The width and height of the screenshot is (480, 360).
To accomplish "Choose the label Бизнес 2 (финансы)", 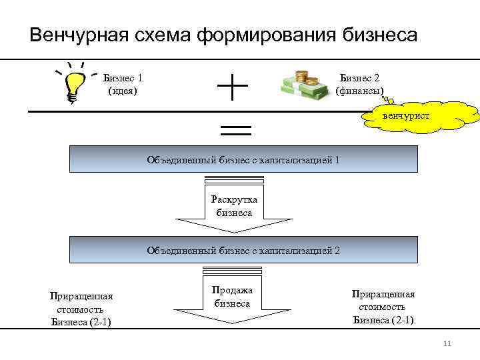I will point(360,84).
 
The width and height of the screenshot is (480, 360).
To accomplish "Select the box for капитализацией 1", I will point(244,160).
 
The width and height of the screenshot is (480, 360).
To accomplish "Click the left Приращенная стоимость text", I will point(81,309).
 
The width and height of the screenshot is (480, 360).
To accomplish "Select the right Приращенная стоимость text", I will point(383,307).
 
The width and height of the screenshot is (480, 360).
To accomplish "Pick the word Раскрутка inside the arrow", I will point(234,199).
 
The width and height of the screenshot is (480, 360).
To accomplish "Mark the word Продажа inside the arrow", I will point(233,290).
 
